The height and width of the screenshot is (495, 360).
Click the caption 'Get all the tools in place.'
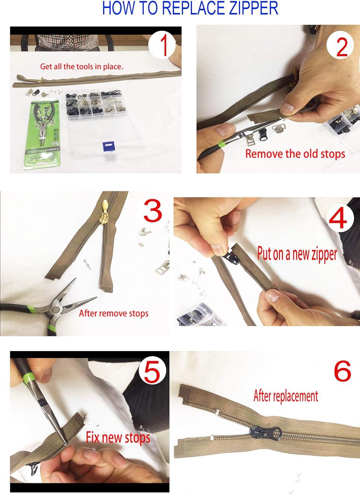82,66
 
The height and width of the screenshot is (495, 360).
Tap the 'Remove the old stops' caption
295,154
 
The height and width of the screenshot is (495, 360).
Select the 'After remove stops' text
114,313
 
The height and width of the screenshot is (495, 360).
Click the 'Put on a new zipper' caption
297,254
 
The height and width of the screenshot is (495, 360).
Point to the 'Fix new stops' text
118,438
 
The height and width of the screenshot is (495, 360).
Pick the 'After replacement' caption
285,396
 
